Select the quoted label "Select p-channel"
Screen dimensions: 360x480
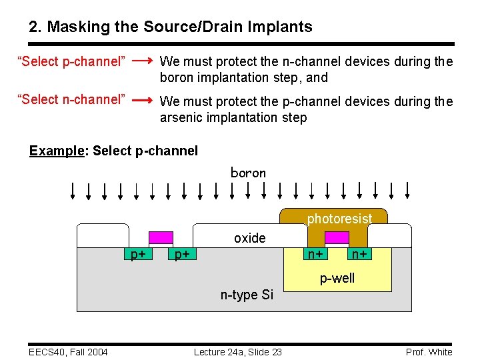[x=71, y=62]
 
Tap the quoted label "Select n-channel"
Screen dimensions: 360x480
[x=71, y=100]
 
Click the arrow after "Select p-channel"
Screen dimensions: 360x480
[x=141, y=61]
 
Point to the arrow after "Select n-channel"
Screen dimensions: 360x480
[x=141, y=101]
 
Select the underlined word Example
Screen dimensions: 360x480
[x=55, y=151]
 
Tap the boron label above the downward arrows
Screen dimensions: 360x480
[x=248, y=173]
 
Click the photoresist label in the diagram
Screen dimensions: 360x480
[x=339, y=219]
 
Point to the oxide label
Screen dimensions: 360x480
[x=249, y=238]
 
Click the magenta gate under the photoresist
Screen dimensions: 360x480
[x=337, y=238]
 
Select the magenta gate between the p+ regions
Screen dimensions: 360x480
[x=161, y=238]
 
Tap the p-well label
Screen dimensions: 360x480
[x=337, y=278]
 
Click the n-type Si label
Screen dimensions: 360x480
[x=247, y=294]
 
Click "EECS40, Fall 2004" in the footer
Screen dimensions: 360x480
[x=68, y=352]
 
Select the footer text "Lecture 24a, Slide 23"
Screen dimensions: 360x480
[x=237, y=352]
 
